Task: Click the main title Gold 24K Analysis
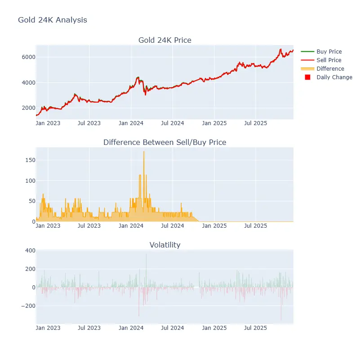[x=53, y=20]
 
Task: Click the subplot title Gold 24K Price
[x=164, y=40]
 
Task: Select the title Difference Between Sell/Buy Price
[x=164, y=142]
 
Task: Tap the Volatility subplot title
[x=164, y=245]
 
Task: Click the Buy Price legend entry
[x=329, y=52]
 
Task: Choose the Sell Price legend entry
[x=329, y=60]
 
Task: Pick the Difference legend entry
[x=330, y=69]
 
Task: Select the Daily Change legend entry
[x=334, y=77]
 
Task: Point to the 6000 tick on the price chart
[x=24, y=57]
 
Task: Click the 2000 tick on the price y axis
[x=24, y=108]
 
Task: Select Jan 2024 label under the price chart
[x=131, y=122]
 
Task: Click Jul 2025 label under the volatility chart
[x=256, y=328]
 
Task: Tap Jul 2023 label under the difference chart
[x=89, y=225]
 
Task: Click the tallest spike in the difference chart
[x=144, y=152]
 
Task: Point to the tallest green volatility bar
[x=146, y=255]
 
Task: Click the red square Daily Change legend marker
[x=307, y=77]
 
